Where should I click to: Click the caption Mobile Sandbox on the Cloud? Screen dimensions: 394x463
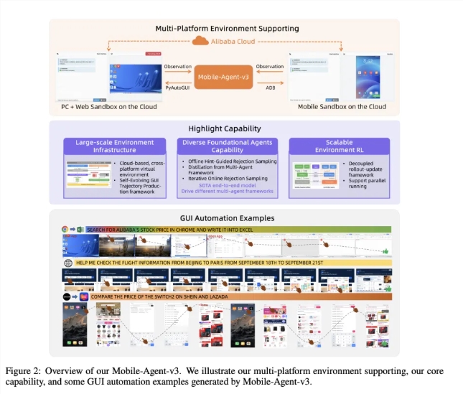click(341, 106)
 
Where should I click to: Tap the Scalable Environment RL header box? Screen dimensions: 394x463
click(337, 146)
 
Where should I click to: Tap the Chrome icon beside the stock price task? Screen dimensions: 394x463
click(65, 230)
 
